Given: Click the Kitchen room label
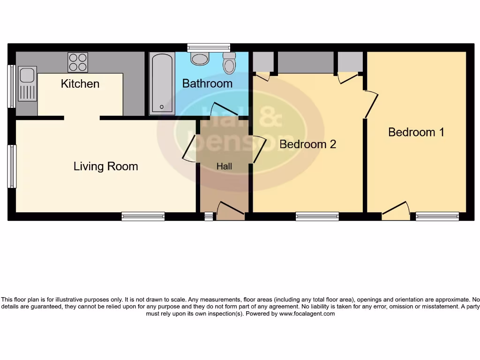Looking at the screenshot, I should (80, 84).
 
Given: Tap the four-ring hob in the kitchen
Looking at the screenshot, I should (78, 62).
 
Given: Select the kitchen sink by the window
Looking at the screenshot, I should (27, 83).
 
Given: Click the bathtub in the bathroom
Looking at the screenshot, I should (162, 83).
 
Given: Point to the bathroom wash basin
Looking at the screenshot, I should (200, 59).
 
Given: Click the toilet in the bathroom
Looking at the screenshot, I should (229, 64).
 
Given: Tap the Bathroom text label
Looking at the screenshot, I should (207, 84).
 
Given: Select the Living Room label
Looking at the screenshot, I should (105, 166).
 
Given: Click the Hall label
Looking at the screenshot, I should (224, 166).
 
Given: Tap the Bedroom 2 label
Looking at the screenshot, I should (307, 144).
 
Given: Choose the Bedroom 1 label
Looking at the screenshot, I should (416, 132).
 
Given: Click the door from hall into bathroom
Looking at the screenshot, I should (219, 110).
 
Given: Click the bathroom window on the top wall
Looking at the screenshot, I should (209, 47).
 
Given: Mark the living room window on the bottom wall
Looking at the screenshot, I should (143, 216).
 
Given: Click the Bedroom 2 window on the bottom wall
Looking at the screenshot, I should (317, 216).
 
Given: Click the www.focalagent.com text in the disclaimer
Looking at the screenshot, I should (307, 314).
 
